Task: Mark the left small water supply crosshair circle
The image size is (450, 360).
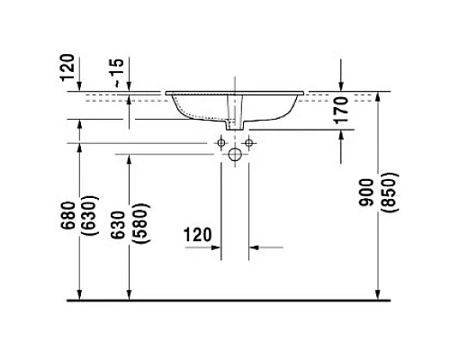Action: click(220, 142)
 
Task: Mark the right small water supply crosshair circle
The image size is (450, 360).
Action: click(249, 142)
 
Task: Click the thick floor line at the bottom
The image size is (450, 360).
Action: click(225, 299)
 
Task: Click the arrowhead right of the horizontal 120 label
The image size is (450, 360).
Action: click(253, 246)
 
